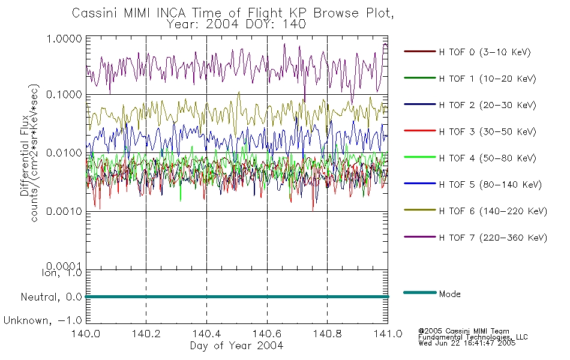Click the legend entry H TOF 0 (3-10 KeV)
pos(485,52)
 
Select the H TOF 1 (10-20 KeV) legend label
pos(487,79)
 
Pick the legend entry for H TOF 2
pos(487,105)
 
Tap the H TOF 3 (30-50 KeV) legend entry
pos(487,131)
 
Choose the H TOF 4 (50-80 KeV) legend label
pos(487,158)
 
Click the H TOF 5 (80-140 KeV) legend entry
pos(490,185)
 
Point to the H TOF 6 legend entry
pos(493,211)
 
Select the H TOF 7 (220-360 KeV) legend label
pos(493,238)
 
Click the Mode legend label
pos(449,294)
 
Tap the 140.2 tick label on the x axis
pos(146,334)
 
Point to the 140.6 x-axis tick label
pos(267,334)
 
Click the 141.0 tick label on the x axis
pos(388,334)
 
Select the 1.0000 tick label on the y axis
pos(64,38)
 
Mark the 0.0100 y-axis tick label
pos(64,153)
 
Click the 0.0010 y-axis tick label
pos(64,211)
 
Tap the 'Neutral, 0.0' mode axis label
pos(51,297)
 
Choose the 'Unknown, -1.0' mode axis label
pos(43,320)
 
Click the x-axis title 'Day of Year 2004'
pos(236,346)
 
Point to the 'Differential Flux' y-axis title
pos(25,156)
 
